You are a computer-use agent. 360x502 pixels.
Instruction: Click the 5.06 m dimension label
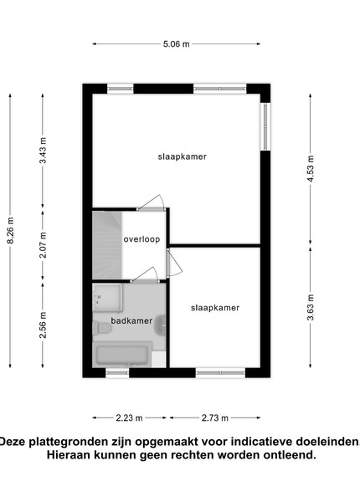point(176,44)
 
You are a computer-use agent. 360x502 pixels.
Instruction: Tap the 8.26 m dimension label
point(11,231)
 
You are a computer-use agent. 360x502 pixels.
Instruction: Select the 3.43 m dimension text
point(43,151)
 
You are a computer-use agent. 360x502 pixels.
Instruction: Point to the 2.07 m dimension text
point(43,245)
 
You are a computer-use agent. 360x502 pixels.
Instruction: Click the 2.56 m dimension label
point(43,325)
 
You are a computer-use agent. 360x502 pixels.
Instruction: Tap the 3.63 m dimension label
point(310,307)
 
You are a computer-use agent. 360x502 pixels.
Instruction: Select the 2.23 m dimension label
point(129,417)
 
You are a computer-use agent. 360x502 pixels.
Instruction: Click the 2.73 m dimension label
point(215,417)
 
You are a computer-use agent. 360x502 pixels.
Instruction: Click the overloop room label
point(141,239)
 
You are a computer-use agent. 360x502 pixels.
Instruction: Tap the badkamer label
point(131,320)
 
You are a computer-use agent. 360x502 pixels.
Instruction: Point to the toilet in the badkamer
point(102,328)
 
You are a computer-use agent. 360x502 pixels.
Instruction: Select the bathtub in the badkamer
point(122,355)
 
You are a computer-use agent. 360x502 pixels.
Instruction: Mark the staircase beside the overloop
point(107,245)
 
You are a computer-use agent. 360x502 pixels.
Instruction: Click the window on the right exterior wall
point(265,126)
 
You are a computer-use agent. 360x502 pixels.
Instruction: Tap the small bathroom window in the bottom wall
point(117,372)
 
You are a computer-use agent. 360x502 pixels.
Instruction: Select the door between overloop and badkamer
point(145,276)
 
